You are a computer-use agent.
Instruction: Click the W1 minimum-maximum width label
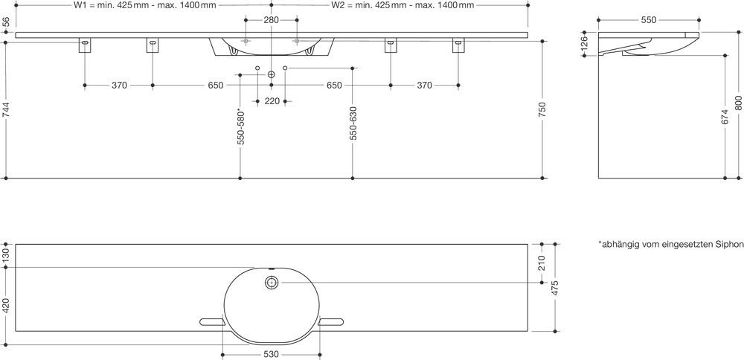pos(145,5)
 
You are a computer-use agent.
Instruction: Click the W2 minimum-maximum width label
pos(403,5)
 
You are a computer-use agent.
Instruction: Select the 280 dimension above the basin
pos(271,20)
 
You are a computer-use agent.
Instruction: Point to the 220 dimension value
pos(272,101)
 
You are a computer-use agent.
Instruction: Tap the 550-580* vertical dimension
pos(240,126)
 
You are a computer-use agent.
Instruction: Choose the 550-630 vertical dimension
pos(353,123)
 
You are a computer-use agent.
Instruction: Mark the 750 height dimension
pos(543,109)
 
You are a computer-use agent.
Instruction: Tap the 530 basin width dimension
pos(272,355)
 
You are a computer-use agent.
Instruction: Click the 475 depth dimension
pos(556,288)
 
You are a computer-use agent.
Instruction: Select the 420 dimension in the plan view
pos(6,306)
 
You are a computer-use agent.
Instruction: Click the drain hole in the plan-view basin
pos(272,283)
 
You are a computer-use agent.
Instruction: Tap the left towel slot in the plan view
pos(213,322)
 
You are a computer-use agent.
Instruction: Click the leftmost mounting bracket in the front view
pos(85,45)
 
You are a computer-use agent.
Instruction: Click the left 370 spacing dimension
pos(119,86)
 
